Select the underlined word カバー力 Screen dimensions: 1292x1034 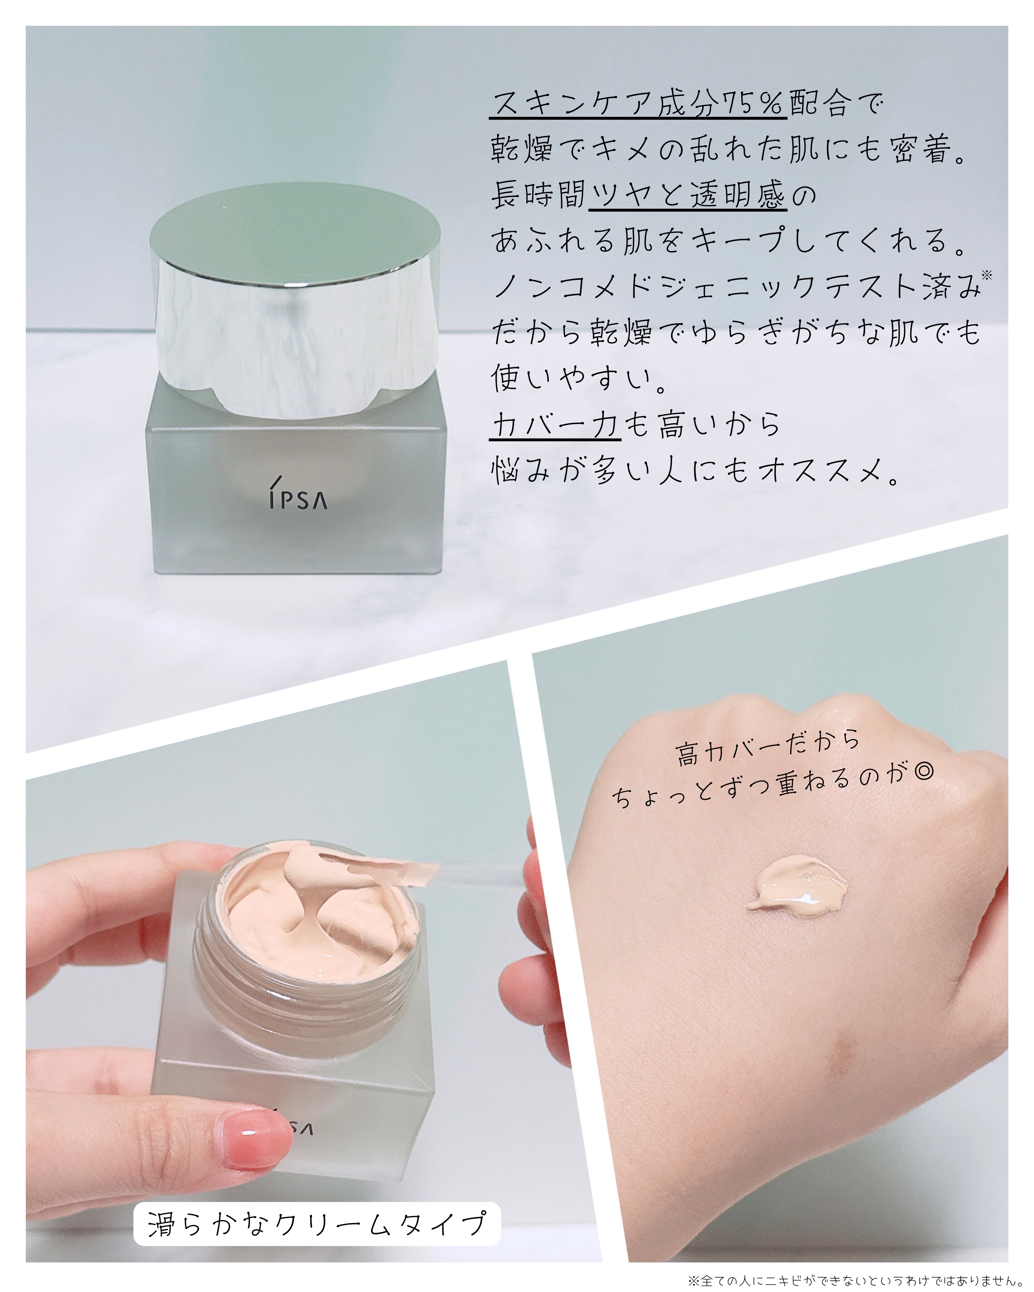point(555,424)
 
